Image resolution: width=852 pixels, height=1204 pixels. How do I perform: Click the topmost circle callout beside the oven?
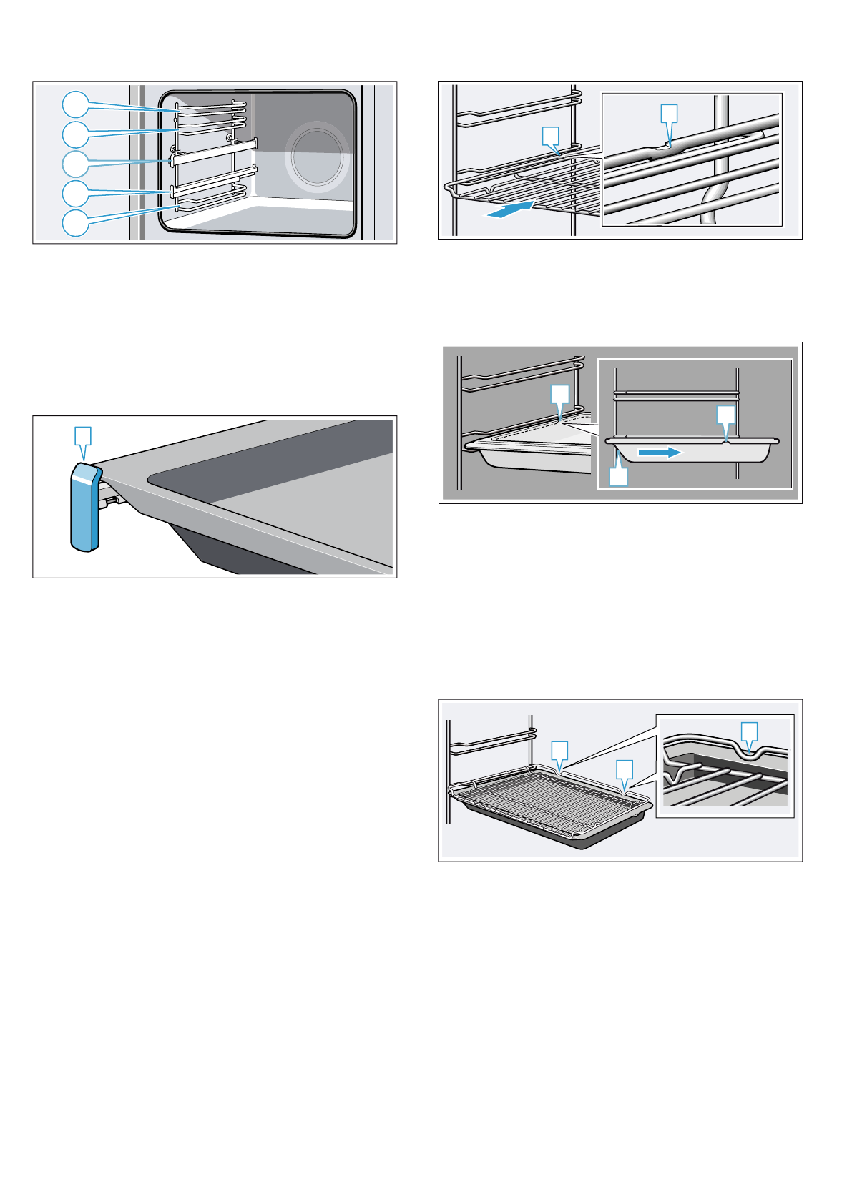coord(75,105)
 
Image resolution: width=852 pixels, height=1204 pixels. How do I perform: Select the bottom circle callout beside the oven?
coord(75,223)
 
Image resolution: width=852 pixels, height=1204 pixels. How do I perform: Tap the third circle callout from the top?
coord(75,164)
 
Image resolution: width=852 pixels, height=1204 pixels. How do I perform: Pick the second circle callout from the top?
coord(75,134)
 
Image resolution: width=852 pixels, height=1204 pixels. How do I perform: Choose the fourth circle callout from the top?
coord(75,193)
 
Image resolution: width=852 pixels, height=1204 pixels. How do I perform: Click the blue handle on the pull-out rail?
coord(84,507)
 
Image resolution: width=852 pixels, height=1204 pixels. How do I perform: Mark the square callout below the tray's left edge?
coord(618,477)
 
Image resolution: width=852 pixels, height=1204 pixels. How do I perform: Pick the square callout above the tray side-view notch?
coord(726,415)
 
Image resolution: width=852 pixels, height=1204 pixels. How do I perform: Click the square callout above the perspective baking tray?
coord(560,394)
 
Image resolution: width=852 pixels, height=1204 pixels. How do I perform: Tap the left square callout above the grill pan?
coord(559,750)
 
